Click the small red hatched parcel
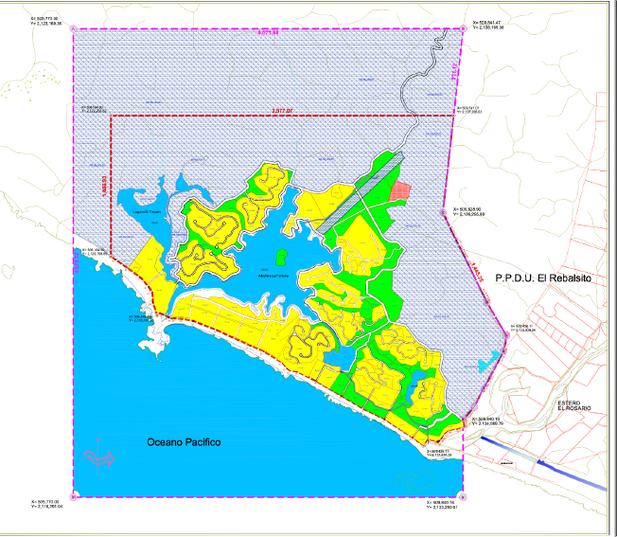pyautogui.click(x=402, y=189)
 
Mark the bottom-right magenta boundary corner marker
pyautogui.click(x=460, y=496)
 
